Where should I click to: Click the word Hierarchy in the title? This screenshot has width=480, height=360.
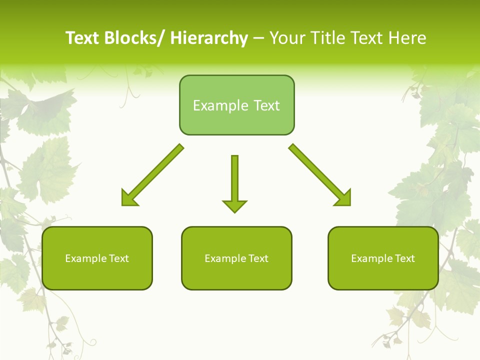pyautogui.click(x=209, y=38)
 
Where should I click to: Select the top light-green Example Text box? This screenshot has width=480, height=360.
pyautogui.click(x=236, y=105)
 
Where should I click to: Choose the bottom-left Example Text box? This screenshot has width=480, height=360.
pyautogui.click(x=97, y=258)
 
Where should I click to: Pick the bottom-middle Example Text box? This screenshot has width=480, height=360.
pyautogui.click(x=236, y=258)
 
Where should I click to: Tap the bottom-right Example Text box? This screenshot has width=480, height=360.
pyautogui.click(x=383, y=258)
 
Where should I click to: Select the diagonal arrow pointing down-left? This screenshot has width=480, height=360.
pyautogui.click(x=152, y=175)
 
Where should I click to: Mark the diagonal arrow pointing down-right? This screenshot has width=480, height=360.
pyautogui.click(x=320, y=175)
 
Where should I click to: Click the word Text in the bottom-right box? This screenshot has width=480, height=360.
pyautogui.click(x=403, y=258)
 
